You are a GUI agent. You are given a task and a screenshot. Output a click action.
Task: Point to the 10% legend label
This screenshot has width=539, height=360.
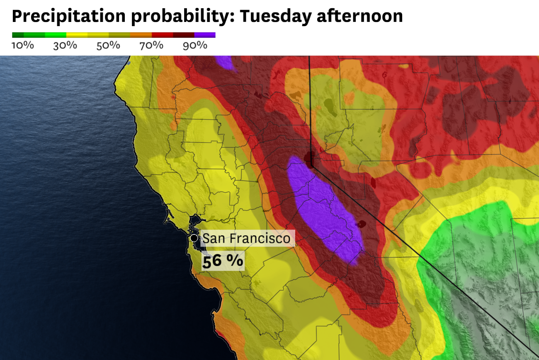click(x=22, y=45)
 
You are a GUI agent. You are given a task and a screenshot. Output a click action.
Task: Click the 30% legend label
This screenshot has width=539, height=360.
click(x=65, y=45)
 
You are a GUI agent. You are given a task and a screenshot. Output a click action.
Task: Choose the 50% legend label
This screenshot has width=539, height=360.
click(x=108, y=45)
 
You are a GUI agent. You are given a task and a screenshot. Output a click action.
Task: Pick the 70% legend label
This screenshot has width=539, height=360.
click(x=151, y=45)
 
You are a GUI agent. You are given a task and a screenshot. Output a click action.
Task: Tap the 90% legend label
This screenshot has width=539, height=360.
click(x=195, y=45)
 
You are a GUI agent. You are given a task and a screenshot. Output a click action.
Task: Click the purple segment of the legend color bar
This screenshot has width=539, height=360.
click(x=205, y=35)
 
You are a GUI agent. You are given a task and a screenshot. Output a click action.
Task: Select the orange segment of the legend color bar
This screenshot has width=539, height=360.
click(x=141, y=35)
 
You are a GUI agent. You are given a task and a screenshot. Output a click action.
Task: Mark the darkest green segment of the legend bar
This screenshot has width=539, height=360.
click(x=18, y=35)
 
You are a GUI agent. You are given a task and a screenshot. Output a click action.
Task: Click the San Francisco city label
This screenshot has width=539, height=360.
click(x=246, y=239)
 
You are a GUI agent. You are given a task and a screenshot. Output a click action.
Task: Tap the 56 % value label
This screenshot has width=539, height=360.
click(x=222, y=261)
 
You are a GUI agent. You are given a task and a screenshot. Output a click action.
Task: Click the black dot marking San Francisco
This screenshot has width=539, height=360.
click(x=194, y=238)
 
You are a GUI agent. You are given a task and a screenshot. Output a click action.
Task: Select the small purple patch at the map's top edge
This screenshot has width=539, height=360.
click(x=225, y=62)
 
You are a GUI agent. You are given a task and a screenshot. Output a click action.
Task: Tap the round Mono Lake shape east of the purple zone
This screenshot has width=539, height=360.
click(x=361, y=224)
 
